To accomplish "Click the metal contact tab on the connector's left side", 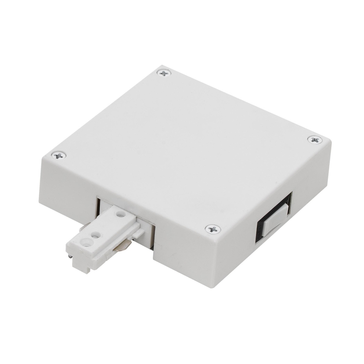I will tap(83, 227).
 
